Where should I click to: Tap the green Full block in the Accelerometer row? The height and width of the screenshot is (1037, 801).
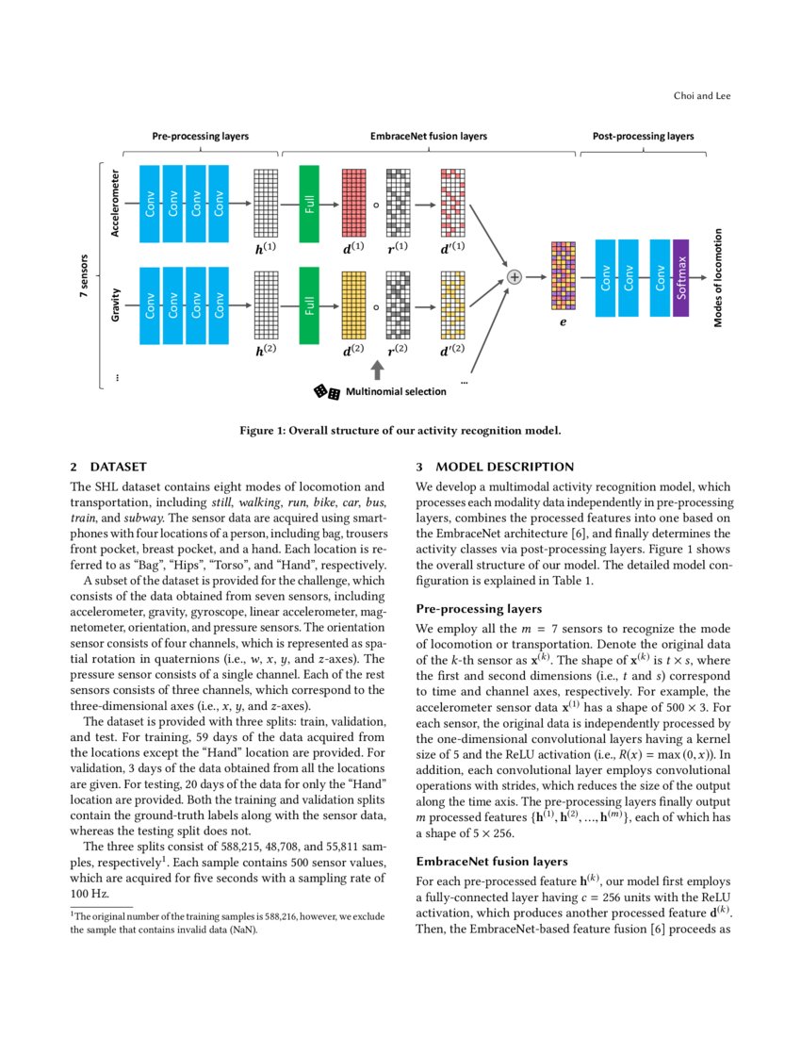click(x=310, y=203)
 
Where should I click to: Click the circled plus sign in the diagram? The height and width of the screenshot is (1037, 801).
click(x=515, y=276)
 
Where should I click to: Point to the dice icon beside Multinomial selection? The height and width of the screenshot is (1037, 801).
click(x=327, y=391)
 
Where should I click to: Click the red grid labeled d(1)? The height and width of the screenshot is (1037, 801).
click(x=353, y=203)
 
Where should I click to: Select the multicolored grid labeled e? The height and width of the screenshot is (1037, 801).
click(x=563, y=276)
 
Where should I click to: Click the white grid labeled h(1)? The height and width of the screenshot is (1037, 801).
click(x=267, y=203)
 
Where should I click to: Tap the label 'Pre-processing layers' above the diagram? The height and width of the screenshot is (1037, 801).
click(x=201, y=137)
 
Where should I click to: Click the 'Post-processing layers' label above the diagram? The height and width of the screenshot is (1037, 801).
click(x=643, y=137)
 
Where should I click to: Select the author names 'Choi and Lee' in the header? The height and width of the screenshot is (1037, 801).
click(x=703, y=95)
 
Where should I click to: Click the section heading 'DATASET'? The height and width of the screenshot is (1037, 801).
click(x=119, y=467)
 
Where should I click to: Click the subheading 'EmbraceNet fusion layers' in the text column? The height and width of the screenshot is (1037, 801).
click(x=491, y=862)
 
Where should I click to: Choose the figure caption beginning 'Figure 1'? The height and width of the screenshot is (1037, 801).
click(x=400, y=432)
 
